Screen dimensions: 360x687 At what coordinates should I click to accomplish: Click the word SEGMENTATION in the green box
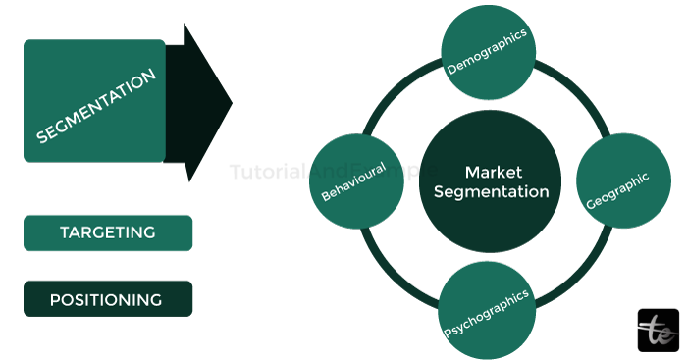click(x=96, y=106)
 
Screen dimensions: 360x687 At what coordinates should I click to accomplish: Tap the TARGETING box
click(x=108, y=233)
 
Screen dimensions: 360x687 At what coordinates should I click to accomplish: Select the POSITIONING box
click(x=108, y=299)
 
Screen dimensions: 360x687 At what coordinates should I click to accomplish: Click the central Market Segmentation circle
click(x=487, y=180)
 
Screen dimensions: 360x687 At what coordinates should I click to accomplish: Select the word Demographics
click(x=487, y=52)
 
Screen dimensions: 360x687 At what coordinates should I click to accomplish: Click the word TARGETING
click(x=108, y=233)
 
